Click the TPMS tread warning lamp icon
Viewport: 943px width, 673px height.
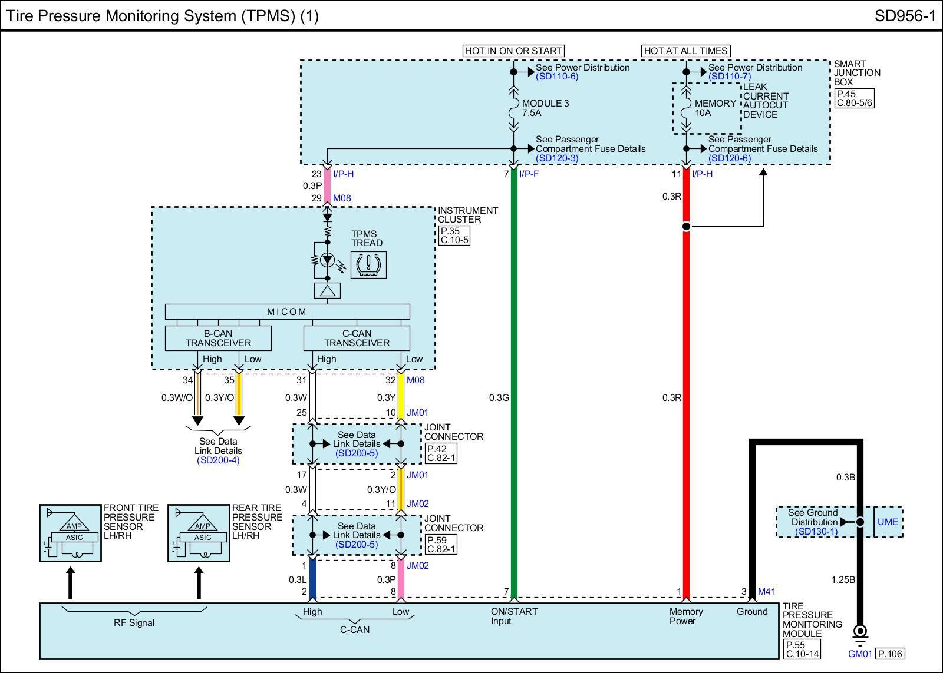pyautogui.click(x=368, y=264)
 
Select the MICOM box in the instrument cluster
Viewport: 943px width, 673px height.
pyautogui.click(x=287, y=311)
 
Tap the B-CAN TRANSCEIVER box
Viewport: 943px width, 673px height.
pyautogui.click(x=218, y=338)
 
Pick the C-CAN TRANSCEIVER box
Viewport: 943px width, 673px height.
pyautogui.click(x=357, y=338)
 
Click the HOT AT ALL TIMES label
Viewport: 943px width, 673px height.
pyautogui.click(x=685, y=51)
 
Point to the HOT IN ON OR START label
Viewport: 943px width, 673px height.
pyautogui.click(x=513, y=51)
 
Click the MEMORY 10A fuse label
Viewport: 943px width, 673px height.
pyautogui.click(x=716, y=108)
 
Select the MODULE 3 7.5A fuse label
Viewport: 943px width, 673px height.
pyautogui.click(x=545, y=108)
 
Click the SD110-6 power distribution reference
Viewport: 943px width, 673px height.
pyautogui.click(x=557, y=77)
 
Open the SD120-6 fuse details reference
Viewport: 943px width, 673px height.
pyautogui.click(x=730, y=158)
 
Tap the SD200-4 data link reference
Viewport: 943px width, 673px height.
pyautogui.click(x=218, y=460)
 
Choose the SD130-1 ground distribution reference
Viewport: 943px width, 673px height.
pyautogui.click(x=816, y=531)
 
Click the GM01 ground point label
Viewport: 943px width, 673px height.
pyautogui.click(x=860, y=654)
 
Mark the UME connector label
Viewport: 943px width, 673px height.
pyautogui.click(x=888, y=522)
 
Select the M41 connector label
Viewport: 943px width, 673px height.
pyautogui.click(x=767, y=591)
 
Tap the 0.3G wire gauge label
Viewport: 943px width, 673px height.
pyautogui.click(x=499, y=397)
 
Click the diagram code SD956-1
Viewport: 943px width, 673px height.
pyautogui.click(x=905, y=16)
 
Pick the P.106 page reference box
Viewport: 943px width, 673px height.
pyautogui.click(x=890, y=654)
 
